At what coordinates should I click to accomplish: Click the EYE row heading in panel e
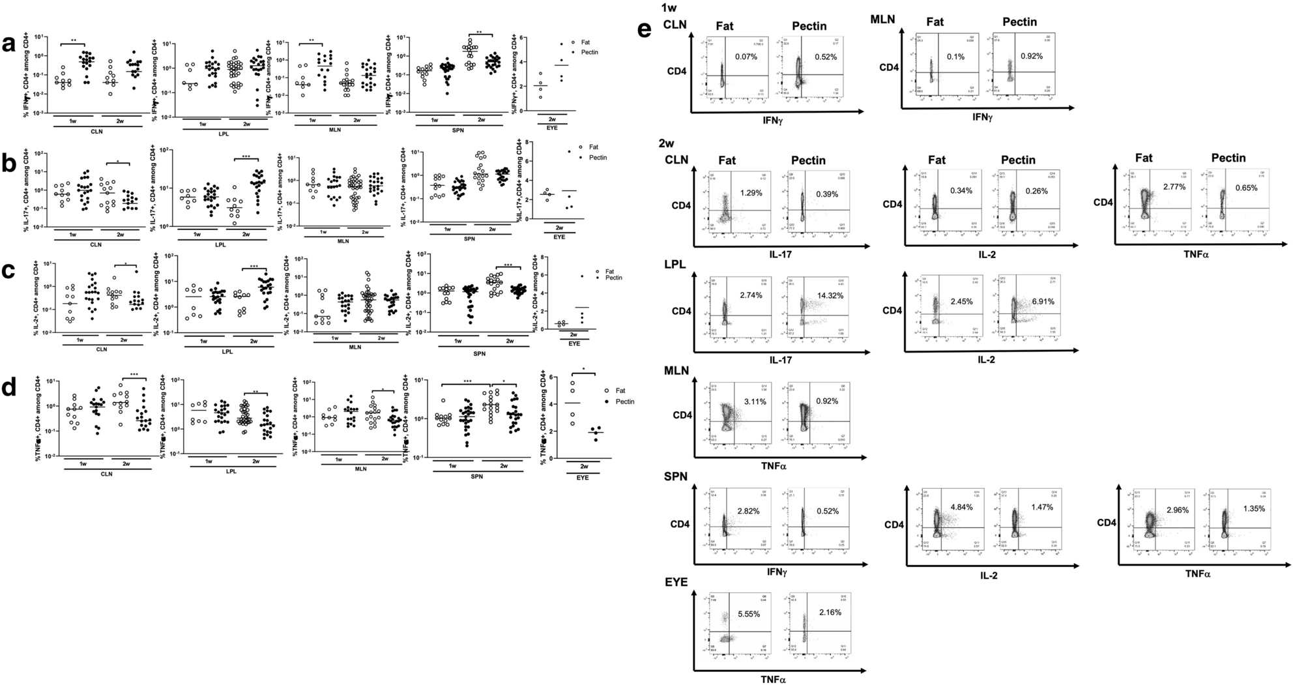tap(676, 582)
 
